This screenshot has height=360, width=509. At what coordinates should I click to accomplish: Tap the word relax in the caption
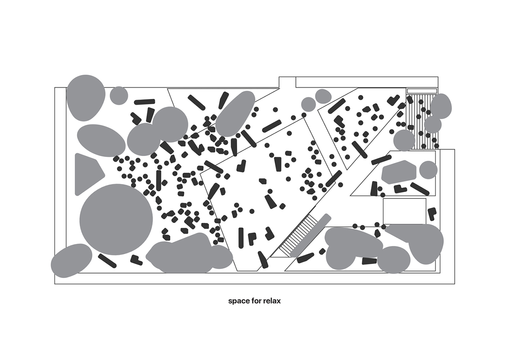(x=272, y=301)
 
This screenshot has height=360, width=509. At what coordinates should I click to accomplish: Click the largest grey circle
(x=116, y=219)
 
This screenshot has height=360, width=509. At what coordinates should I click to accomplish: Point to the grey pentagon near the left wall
(x=89, y=174)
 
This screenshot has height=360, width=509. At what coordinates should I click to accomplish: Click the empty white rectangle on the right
(x=405, y=211)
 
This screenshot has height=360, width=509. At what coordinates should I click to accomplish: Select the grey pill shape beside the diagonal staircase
(x=310, y=235)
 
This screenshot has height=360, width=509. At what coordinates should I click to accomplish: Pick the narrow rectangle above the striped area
(x=422, y=91)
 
